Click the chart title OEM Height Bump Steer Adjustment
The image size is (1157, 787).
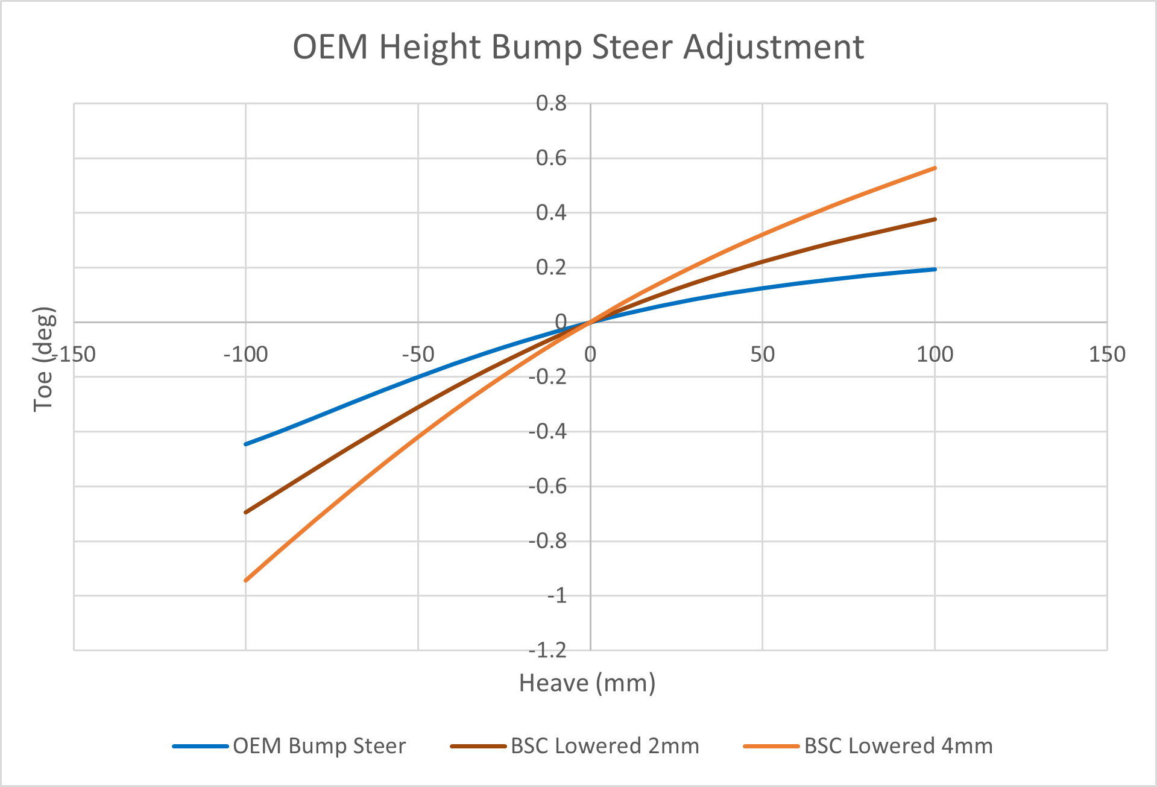(x=578, y=47)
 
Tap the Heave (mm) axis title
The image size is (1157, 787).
(x=587, y=683)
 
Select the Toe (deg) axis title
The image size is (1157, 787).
(x=44, y=359)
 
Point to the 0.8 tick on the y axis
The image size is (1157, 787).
(x=551, y=103)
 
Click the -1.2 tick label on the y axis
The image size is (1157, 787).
(x=547, y=650)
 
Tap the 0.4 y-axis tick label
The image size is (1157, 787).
(x=551, y=212)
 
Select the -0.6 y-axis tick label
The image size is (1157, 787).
(x=547, y=486)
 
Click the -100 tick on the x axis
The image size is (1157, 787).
(x=245, y=355)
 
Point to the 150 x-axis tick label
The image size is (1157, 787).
(x=1107, y=355)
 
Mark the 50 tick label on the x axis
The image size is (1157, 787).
(x=762, y=355)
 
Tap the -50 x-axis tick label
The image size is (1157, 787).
(x=418, y=355)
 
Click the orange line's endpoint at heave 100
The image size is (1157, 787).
(x=935, y=168)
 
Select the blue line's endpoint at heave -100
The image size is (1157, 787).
(x=246, y=444)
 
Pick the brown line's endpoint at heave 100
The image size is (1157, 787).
(x=935, y=219)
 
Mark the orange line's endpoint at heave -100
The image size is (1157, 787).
(x=246, y=580)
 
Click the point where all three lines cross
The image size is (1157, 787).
(x=590, y=322)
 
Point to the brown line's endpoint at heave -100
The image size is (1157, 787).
(x=246, y=512)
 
